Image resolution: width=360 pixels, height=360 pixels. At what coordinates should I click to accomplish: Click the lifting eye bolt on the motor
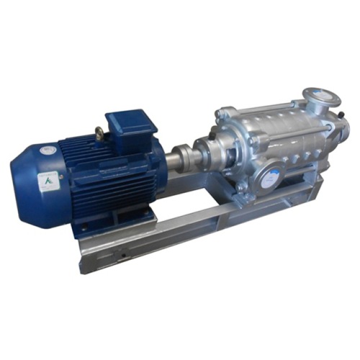(x=99, y=133)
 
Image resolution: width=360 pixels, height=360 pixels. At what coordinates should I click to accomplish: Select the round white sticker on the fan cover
(x=48, y=150)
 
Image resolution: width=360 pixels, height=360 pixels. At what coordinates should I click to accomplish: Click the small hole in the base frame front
(x=122, y=253)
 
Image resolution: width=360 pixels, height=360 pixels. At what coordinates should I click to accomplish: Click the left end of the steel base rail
(x=90, y=256)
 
